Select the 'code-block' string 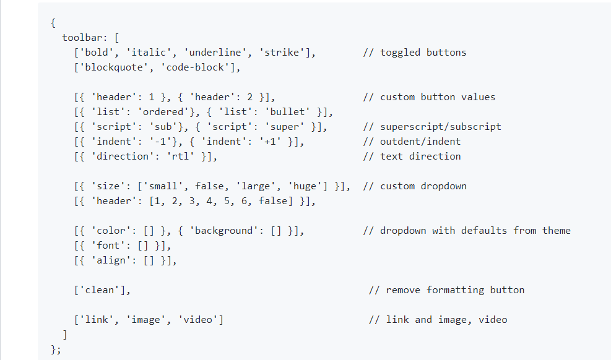[x=201, y=67]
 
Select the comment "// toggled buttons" [x=414, y=53]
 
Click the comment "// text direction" [x=412, y=156]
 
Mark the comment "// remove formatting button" [x=446, y=290]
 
